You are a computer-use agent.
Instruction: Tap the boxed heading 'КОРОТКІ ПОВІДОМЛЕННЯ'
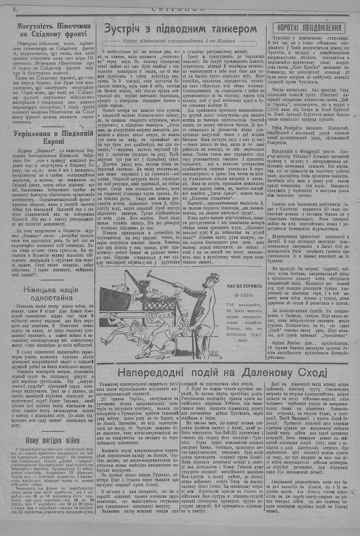click(309, 28)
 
